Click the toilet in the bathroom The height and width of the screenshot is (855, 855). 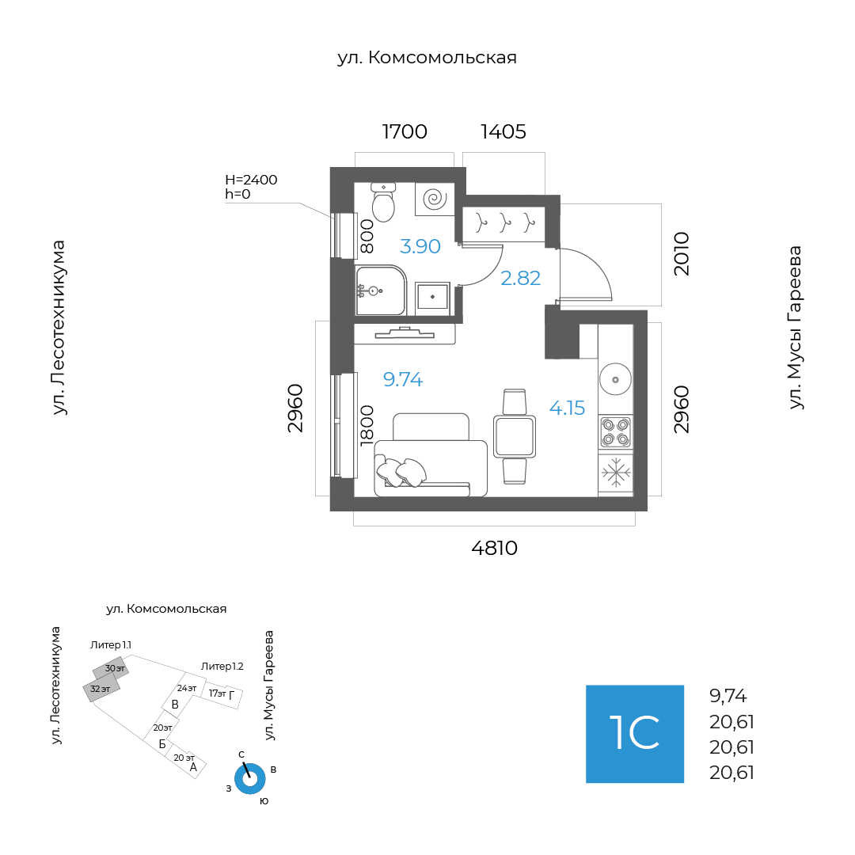[x=383, y=204]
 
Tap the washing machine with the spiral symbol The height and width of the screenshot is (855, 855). [x=435, y=199]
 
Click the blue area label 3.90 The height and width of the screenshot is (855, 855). [x=420, y=246]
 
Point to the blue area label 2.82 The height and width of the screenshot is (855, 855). [x=521, y=278]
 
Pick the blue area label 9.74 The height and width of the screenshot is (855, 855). [x=403, y=380]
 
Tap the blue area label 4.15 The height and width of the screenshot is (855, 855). [x=568, y=408]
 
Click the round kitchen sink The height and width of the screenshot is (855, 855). [x=615, y=379]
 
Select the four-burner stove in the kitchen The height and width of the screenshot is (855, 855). [x=615, y=431]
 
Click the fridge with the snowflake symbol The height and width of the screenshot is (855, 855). [x=615, y=473]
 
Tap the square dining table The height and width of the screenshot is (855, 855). [x=515, y=436]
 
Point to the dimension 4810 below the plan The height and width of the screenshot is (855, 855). [x=494, y=548]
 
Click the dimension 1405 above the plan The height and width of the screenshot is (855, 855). [x=503, y=131]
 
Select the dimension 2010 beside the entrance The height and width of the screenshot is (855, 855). [x=682, y=253]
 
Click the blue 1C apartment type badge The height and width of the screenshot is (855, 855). [x=635, y=734]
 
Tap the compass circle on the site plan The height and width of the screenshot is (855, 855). [x=249, y=779]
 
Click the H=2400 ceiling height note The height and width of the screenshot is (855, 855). [x=251, y=180]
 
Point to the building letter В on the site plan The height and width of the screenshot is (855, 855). [x=175, y=705]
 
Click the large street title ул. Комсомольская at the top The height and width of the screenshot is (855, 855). [x=427, y=58]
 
